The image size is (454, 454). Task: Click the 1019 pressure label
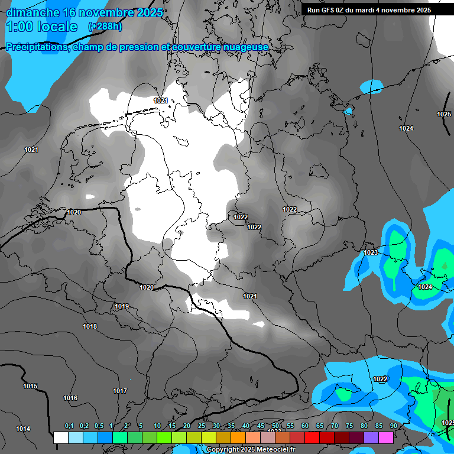[122, 306]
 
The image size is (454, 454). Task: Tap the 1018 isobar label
[90, 326]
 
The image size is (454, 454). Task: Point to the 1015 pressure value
[30, 386]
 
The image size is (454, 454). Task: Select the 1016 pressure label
[70, 398]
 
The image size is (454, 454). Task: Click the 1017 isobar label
[120, 391]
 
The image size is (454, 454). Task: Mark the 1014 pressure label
[23, 429]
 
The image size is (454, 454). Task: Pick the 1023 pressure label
[371, 252]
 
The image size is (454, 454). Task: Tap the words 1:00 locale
[41, 27]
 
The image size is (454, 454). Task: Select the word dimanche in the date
[29, 12]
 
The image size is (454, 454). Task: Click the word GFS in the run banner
[329, 10]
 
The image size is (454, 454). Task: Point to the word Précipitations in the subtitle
[37, 47]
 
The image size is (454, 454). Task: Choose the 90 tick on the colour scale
[393, 426]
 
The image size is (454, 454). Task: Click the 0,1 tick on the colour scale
[69, 426]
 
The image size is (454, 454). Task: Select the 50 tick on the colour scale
[275, 426]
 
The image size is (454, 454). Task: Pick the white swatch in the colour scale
[60, 437]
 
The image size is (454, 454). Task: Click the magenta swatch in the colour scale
[385, 437]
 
